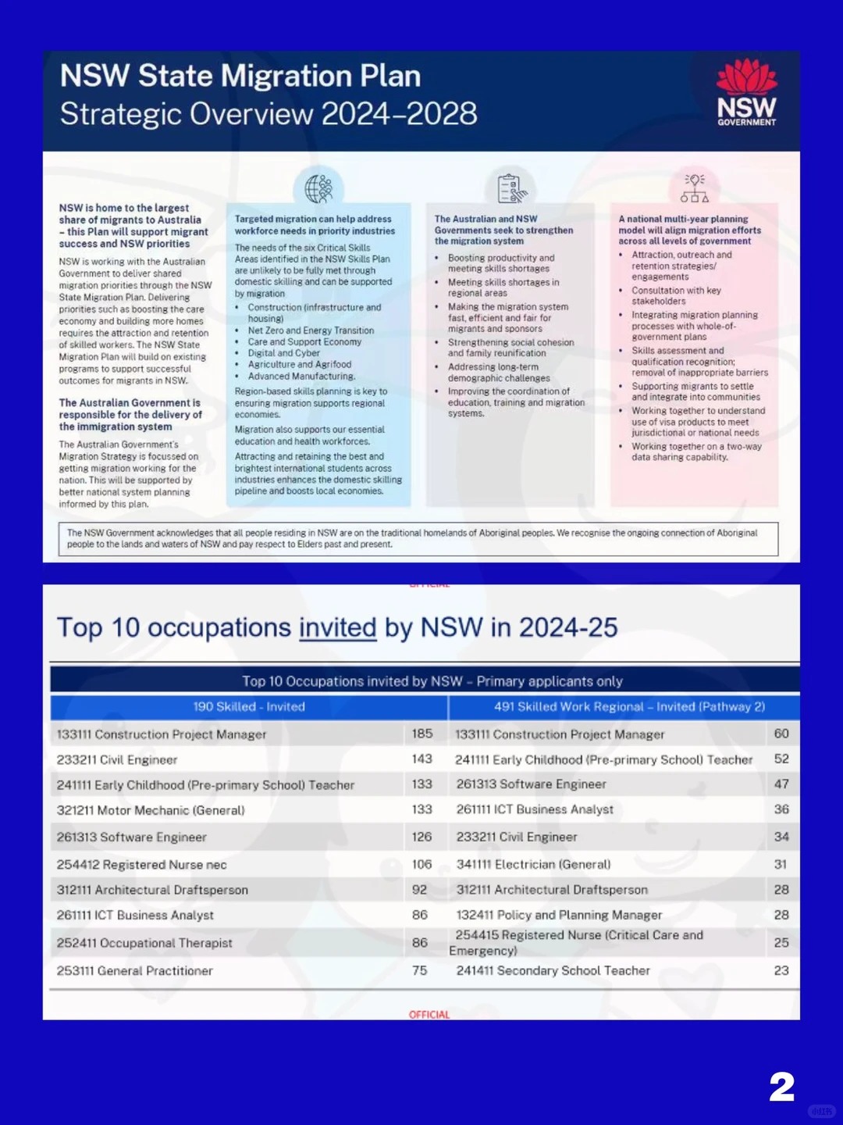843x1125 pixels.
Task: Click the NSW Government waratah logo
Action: (x=746, y=92)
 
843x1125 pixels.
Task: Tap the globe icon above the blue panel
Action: (x=318, y=188)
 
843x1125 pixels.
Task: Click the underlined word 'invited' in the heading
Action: (x=337, y=627)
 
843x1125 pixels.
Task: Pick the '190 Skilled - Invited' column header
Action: (x=249, y=707)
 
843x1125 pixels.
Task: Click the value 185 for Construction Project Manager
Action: (x=422, y=734)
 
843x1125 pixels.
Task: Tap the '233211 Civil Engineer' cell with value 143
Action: (x=117, y=759)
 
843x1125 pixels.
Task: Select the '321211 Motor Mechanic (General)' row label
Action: (x=151, y=810)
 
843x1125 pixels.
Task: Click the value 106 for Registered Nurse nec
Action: (x=421, y=864)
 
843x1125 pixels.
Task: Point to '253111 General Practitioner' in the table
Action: (x=134, y=971)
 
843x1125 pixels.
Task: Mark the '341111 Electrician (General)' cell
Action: (x=534, y=864)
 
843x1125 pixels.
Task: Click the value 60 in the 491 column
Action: (x=781, y=734)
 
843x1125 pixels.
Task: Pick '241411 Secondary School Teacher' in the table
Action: (x=553, y=970)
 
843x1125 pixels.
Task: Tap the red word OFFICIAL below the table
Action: (x=429, y=1015)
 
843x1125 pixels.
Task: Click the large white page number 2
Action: (x=781, y=1087)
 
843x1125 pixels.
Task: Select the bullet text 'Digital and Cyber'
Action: (x=284, y=353)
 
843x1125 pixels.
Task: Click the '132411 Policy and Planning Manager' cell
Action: (x=559, y=915)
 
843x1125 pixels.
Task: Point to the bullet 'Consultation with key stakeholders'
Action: (x=676, y=295)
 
